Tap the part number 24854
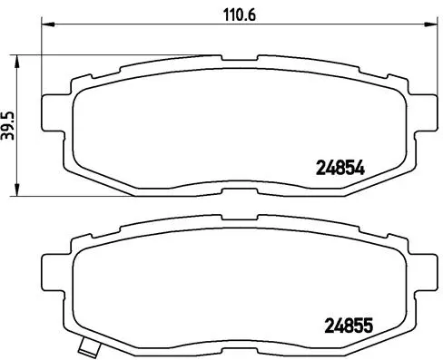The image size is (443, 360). pyautogui.click(x=340, y=166)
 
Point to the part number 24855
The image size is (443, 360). pyautogui.click(x=350, y=323)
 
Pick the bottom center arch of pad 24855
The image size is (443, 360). pyautogui.click(x=226, y=342)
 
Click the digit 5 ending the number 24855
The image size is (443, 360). pyautogui.click(x=370, y=323)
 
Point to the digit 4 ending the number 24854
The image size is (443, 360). pyautogui.click(x=360, y=166)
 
